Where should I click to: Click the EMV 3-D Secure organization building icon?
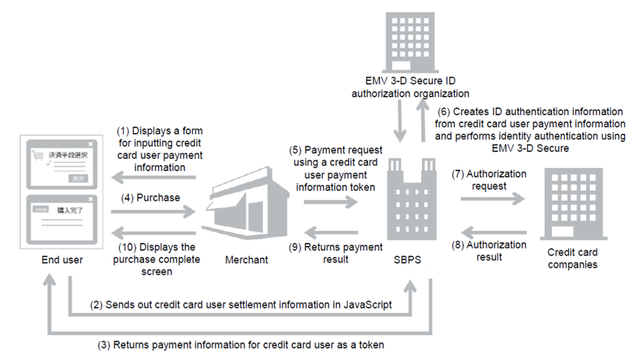411,40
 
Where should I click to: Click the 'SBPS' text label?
409,260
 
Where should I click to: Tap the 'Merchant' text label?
246,260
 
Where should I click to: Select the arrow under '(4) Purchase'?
153,213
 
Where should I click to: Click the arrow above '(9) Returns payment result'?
334,232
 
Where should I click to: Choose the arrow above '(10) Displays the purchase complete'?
153,232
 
